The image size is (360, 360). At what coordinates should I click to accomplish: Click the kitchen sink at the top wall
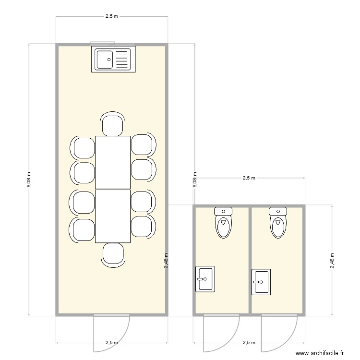[x=113, y=60]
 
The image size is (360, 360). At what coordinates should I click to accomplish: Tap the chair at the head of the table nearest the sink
[x=113, y=125]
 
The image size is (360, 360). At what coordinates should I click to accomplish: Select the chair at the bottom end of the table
[x=113, y=254]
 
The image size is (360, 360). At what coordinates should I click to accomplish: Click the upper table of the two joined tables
[x=113, y=162]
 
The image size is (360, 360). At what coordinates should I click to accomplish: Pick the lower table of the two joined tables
[x=113, y=216]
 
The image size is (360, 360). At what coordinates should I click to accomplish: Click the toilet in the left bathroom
[x=223, y=223]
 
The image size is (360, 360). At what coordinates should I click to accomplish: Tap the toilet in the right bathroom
[x=278, y=223]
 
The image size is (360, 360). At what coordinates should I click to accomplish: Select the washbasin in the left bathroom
[x=204, y=278]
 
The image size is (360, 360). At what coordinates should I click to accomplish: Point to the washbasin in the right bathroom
[x=261, y=282]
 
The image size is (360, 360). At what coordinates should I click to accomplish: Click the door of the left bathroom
[x=222, y=331]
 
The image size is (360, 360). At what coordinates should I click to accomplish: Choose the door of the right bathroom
[x=279, y=331]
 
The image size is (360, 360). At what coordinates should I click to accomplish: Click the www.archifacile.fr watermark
[x=320, y=353]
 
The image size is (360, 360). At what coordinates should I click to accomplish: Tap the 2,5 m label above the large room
[x=111, y=16]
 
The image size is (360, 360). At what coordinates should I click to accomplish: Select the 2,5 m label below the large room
[x=111, y=343]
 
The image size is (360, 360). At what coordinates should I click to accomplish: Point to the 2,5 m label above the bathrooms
[x=249, y=178]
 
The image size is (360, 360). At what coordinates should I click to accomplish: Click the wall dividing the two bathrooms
[x=250, y=259]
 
